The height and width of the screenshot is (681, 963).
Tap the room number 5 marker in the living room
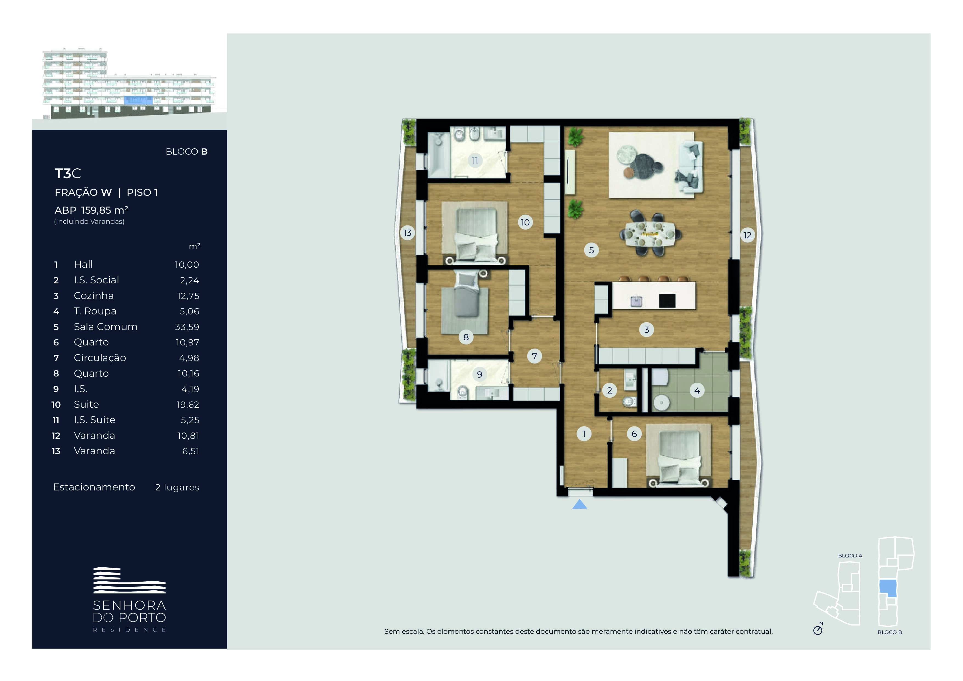point(591,250)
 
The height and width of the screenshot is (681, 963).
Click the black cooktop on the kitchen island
point(667,300)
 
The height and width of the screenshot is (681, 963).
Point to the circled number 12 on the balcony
point(748,235)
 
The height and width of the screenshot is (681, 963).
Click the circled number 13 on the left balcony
point(407,233)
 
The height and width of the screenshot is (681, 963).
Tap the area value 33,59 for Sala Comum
point(187,327)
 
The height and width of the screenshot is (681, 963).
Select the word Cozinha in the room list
point(94,296)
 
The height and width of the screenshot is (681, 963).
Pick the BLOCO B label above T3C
point(187,152)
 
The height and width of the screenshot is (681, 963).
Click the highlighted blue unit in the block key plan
point(888,588)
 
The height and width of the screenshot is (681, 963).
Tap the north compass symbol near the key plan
point(818,630)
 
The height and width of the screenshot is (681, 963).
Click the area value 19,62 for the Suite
point(188,404)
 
